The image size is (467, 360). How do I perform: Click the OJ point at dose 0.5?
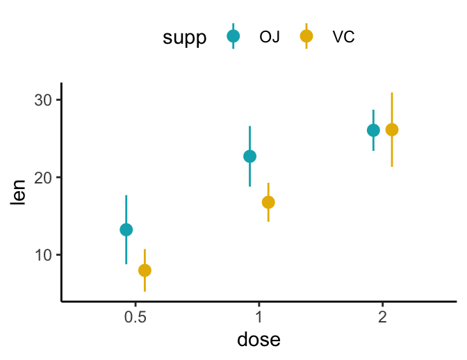(126, 229)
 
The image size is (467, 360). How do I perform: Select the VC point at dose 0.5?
(145, 270)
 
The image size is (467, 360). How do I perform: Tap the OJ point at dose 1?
(249, 156)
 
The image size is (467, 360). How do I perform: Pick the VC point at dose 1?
(268, 202)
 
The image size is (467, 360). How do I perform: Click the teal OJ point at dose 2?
(373, 130)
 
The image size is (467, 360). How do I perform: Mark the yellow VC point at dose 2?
(392, 130)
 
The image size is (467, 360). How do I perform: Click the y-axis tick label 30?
(43, 100)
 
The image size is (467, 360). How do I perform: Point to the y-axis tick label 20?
(43, 177)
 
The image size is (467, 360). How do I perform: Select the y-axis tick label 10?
(43, 255)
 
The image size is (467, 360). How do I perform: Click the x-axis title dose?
(259, 340)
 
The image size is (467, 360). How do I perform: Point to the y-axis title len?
(19, 193)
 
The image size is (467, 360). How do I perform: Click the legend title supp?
(184, 38)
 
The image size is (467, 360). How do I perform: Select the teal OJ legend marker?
(233, 37)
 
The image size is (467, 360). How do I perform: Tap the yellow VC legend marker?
(306, 37)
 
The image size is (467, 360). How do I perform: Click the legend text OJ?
(270, 38)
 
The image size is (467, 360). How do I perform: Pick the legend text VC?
(343, 38)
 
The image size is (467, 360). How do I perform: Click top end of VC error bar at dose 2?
(392, 92)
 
